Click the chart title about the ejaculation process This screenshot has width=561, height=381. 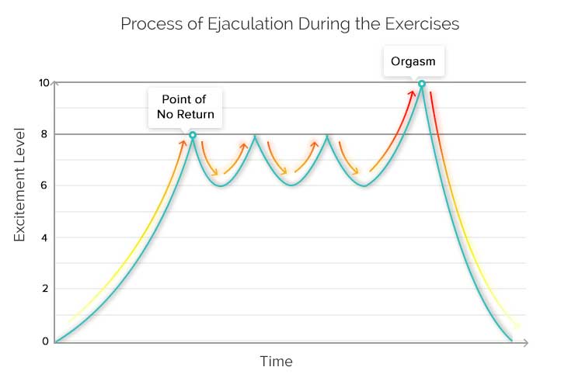[290, 24]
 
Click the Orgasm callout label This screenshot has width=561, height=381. [413, 61]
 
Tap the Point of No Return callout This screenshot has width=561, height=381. [186, 109]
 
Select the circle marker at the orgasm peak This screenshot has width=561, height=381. [422, 84]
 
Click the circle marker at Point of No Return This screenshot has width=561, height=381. [193, 135]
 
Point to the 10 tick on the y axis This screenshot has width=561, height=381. [44, 83]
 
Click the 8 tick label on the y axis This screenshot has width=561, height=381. [45, 134]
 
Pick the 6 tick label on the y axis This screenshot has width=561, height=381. [45, 185]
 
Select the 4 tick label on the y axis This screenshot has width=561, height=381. [45, 237]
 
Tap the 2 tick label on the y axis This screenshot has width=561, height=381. [45, 289]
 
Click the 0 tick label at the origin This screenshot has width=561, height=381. [45, 341]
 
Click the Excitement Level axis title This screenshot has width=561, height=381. [20, 186]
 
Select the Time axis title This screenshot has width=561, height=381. [276, 362]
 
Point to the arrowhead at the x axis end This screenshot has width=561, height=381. [526, 341]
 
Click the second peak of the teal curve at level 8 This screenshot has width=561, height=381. [255, 137]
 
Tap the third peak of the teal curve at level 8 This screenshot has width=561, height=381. [327, 137]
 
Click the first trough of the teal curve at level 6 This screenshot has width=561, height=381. [221, 186]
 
